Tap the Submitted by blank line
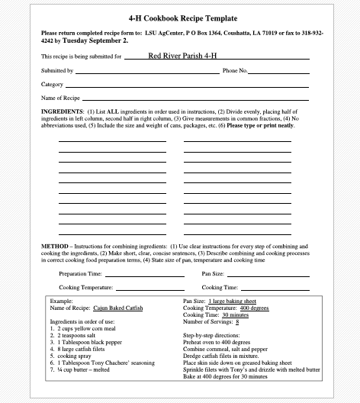[145, 72]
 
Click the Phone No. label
[235, 70]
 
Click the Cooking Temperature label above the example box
[86, 288]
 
